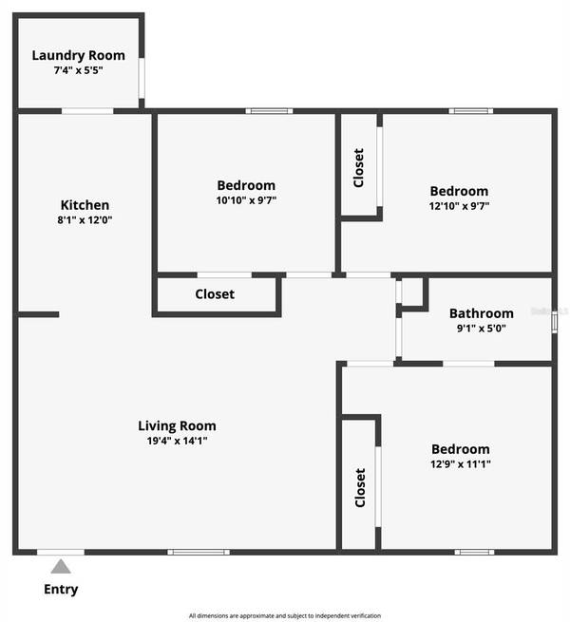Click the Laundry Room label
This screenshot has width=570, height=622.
point(78,55)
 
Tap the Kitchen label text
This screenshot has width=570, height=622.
point(85,205)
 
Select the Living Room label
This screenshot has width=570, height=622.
point(177,426)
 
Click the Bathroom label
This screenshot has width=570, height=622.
point(481,313)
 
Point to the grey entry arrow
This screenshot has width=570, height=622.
point(61,567)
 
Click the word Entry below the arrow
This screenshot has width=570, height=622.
point(61,590)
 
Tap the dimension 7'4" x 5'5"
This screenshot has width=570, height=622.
point(78,70)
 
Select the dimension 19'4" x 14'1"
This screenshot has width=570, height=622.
point(177,441)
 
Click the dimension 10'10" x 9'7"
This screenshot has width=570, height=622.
point(246,200)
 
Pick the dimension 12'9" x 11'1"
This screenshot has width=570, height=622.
point(461,464)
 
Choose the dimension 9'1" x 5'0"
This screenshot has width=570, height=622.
point(481,329)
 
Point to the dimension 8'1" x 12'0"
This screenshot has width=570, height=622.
point(85,220)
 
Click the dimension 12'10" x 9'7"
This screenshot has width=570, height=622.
point(459,206)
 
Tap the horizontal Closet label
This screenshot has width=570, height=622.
point(215,294)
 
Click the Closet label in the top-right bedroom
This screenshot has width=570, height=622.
point(358,167)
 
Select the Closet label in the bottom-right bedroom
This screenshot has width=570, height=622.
point(359,487)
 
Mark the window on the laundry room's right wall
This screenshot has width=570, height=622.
point(142,79)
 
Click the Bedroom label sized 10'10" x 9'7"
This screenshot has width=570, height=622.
point(246,185)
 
